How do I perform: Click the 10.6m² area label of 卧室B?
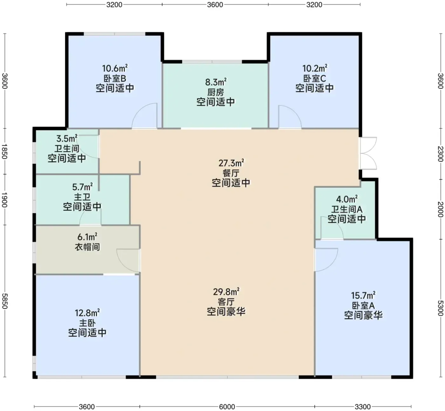115,68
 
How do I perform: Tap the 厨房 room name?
216,92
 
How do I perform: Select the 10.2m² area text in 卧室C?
315,68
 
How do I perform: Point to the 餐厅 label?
231,173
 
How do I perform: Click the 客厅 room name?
226,302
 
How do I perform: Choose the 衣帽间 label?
87,247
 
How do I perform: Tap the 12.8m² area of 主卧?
87,312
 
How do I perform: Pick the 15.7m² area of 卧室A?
363,296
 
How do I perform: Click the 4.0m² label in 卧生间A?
347,199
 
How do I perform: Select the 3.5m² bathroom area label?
67,138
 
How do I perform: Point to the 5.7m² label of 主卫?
82,187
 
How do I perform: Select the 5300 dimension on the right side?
440,308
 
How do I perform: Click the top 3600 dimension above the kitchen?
215,5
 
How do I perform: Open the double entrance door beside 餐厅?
368,153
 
